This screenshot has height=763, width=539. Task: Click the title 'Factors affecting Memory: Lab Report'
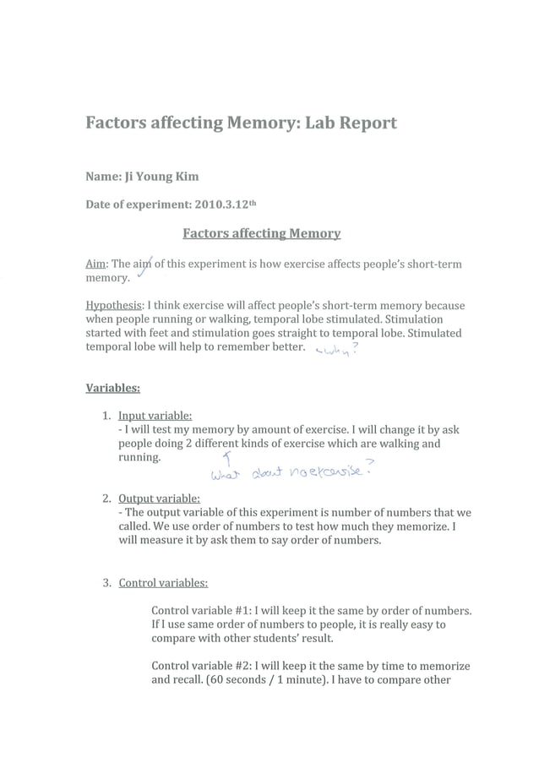[x=241, y=123]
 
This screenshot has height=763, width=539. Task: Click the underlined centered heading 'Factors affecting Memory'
[x=262, y=233]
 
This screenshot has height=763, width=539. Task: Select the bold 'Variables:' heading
[x=113, y=389]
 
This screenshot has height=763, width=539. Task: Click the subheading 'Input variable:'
[x=155, y=416]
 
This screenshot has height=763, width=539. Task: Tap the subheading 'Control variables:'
[x=163, y=582]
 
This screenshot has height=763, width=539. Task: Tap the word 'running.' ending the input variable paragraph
[x=139, y=457]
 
